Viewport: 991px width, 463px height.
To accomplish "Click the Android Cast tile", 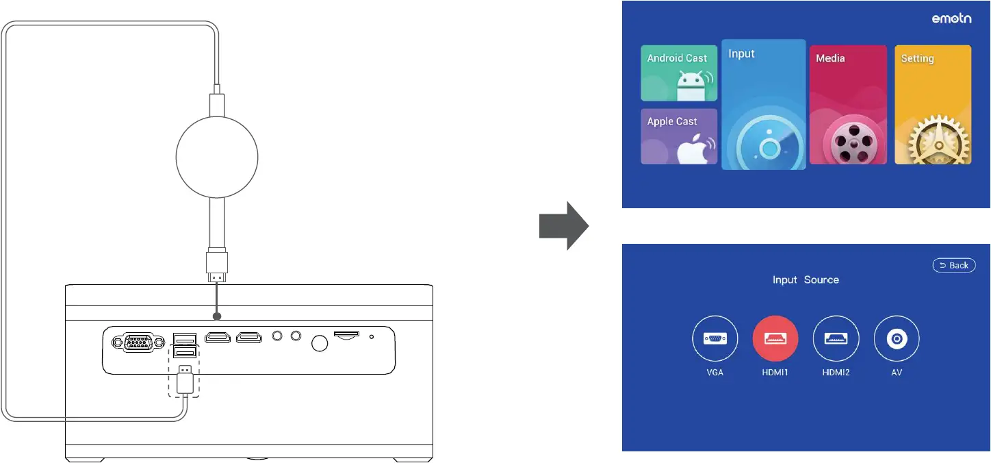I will point(679,73).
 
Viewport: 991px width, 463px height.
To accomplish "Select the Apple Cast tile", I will point(679,136).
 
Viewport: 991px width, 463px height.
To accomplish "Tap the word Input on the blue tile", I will point(741,53).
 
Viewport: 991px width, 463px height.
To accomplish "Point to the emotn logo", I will point(951,20).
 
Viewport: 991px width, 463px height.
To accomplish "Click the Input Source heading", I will point(806,279).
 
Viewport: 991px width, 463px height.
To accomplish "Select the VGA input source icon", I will point(715,338).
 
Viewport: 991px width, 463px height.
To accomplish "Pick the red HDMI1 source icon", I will point(775,338).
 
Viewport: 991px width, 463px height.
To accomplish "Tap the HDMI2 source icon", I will point(836,338).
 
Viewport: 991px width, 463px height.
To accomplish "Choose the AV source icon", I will point(897,338).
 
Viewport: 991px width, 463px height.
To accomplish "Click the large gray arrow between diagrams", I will point(563,225).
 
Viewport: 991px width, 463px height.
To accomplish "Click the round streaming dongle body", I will point(216,155).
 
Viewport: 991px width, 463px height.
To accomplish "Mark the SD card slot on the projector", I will point(346,335).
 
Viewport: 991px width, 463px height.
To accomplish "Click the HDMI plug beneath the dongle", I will point(216,266).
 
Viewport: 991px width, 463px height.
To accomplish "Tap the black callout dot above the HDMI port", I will point(218,316).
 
